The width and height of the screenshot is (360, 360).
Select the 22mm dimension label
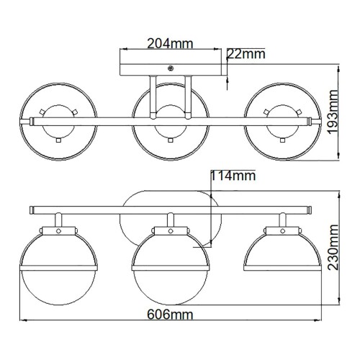[245, 53]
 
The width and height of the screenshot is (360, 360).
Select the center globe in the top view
[171, 118]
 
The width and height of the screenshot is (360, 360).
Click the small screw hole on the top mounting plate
[171, 68]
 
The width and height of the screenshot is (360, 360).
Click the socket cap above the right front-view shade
[280, 230]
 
